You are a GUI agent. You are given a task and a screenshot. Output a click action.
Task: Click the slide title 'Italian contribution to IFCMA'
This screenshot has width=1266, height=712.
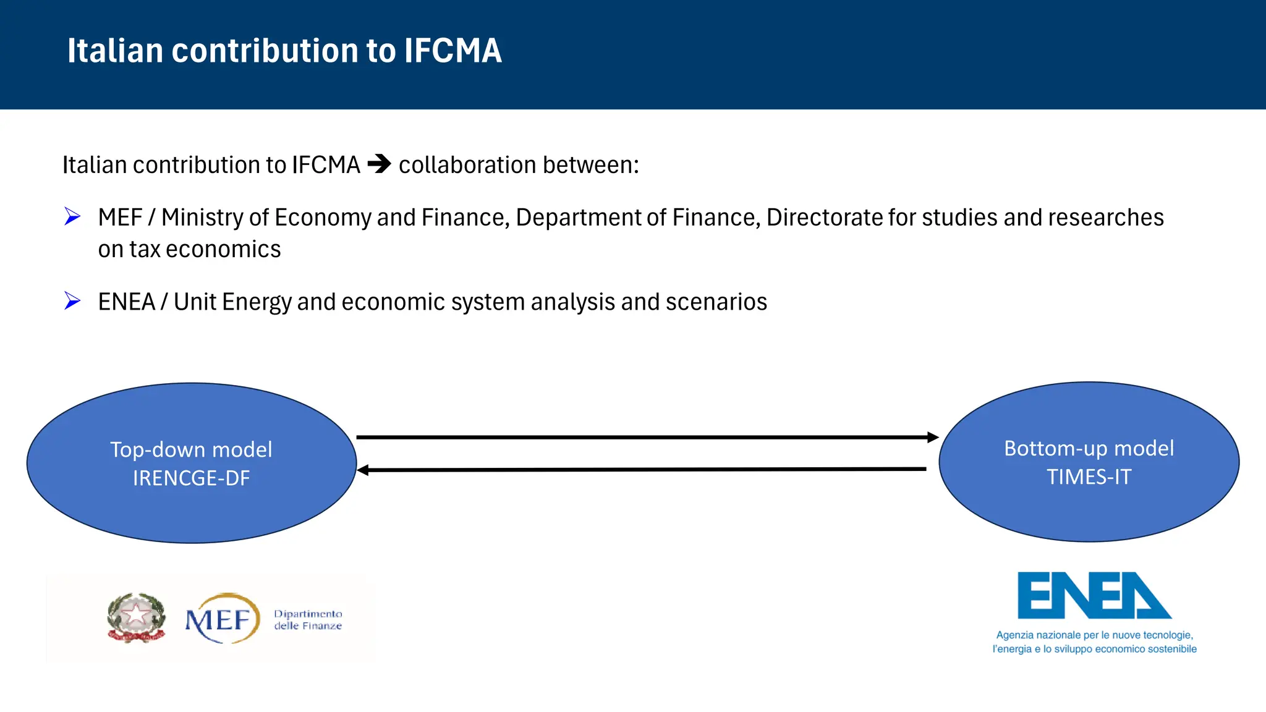pyautogui.click(x=284, y=51)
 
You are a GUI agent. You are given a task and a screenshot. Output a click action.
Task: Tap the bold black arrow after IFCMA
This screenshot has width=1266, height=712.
pyautogui.click(x=379, y=164)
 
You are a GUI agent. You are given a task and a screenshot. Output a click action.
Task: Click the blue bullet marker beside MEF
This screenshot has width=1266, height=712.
pyautogui.click(x=72, y=216)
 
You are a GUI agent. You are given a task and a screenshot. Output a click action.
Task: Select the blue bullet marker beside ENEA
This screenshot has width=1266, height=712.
pyautogui.click(x=72, y=301)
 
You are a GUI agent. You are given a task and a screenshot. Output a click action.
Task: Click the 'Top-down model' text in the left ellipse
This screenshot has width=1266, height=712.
pyautogui.click(x=191, y=449)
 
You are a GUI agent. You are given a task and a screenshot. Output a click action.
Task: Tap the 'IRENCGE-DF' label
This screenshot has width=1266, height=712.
pyautogui.click(x=191, y=478)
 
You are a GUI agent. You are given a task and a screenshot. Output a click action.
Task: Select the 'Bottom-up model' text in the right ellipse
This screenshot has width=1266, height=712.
pyautogui.click(x=1089, y=448)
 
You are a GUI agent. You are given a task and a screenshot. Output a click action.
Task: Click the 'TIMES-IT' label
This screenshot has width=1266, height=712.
pyautogui.click(x=1089, y=477)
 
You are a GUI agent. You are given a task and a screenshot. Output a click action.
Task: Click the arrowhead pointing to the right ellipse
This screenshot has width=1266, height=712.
pyautogui.click(x=933, y=437)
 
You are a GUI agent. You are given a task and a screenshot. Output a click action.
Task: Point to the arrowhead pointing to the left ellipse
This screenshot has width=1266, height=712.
pyautogui.click(x=363, y=470)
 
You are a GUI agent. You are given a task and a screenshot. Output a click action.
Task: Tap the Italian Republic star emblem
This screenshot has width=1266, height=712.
pyautogui.click(x=136, y=617)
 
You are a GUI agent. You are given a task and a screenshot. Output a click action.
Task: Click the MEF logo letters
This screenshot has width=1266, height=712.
pyautogui.click(x=220, y=619)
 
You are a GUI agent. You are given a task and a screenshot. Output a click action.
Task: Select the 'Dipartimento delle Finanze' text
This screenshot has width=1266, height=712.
pyautogui.click(x=308, y=619)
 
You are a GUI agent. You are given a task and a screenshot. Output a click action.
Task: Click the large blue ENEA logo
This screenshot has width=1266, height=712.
pyautogui.click(x=1094, y=595)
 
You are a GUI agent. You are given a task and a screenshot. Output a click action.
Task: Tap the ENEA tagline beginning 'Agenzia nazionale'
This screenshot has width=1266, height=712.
pyautogui.click(x=1094, y=642)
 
